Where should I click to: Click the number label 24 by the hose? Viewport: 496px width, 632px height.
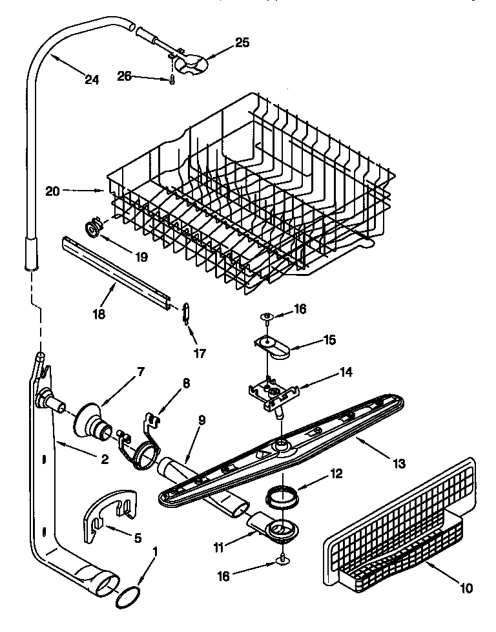tap(92, 80)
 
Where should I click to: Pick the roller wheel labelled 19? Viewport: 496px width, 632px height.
tap(94, 227)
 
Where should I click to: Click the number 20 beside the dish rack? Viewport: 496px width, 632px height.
tap(52, 191)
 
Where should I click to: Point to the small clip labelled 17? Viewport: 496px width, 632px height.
tap(186, 311)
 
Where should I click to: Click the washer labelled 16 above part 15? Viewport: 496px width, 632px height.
tap(267, 316)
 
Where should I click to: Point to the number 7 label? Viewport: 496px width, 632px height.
tap(141, 373)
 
